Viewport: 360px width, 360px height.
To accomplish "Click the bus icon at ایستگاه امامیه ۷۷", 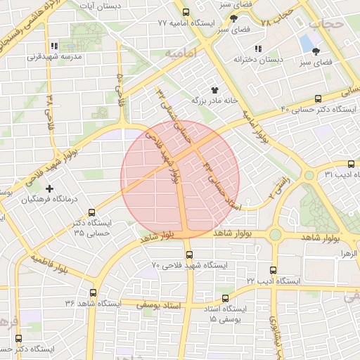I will point(186,13).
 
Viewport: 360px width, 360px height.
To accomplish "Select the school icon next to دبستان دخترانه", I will point(257,49).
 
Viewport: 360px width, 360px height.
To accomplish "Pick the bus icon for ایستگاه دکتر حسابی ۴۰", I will point(318,98).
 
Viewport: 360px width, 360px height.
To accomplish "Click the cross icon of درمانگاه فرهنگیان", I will point(49,188).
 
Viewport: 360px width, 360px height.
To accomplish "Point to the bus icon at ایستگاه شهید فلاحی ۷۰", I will point(188,255).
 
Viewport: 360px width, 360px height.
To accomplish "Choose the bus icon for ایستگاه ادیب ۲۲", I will point(273,270).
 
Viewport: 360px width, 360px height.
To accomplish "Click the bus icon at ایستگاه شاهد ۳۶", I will point(93,292).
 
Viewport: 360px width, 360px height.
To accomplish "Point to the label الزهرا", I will point(347,252).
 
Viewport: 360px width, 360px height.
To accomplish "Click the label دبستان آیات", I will point(120,6).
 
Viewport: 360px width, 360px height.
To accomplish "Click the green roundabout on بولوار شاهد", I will point(275,234).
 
